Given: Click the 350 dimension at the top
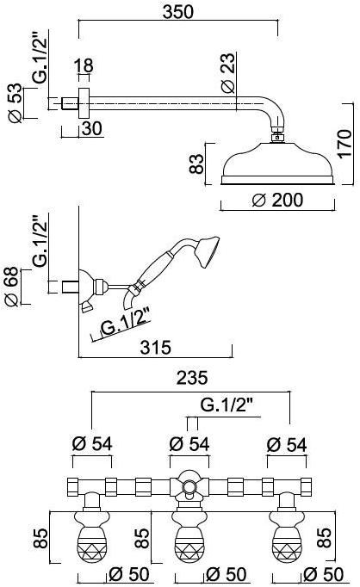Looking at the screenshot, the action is pos(178,12).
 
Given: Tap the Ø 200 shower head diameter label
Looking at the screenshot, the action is pos(277,200).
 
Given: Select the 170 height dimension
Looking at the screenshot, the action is pos(344,144).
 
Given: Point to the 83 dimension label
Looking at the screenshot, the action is pos(196,164).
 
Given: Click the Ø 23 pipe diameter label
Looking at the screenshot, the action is pos(228,72).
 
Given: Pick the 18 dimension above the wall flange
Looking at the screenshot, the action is pos(84,65).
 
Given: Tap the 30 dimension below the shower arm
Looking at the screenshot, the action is pos(92,128).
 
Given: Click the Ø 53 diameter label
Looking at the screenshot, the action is pos(15,102).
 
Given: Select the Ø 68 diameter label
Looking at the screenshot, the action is pos(11,287).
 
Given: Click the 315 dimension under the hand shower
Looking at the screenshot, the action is pos(156,348).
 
